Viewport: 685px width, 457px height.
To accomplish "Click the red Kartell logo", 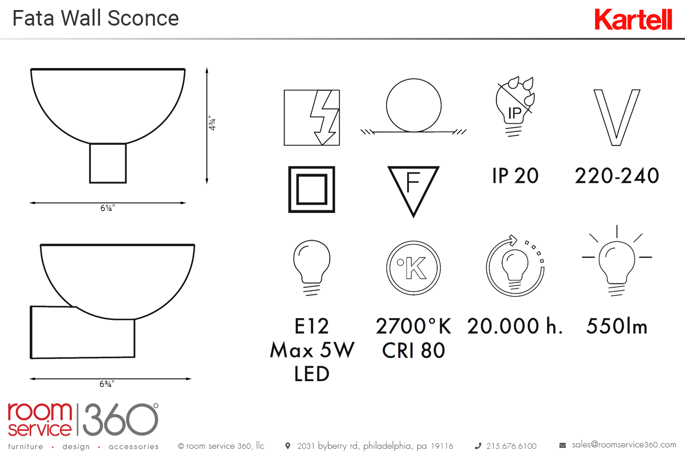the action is coord(633,19).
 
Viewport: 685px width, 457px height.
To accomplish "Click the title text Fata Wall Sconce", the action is coord(95,18).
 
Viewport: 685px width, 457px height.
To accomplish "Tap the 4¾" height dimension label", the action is coord(212,123).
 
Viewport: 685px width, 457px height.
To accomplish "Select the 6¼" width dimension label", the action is coord(108,208).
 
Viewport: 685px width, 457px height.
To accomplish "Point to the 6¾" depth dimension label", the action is coord(107,384).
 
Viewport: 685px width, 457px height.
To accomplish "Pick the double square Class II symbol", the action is coord(311,190).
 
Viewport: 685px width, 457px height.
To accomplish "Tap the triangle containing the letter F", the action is coord(413,191).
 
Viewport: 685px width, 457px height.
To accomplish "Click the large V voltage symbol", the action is coord(616,117).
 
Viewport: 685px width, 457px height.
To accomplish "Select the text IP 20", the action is coord(515,175).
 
